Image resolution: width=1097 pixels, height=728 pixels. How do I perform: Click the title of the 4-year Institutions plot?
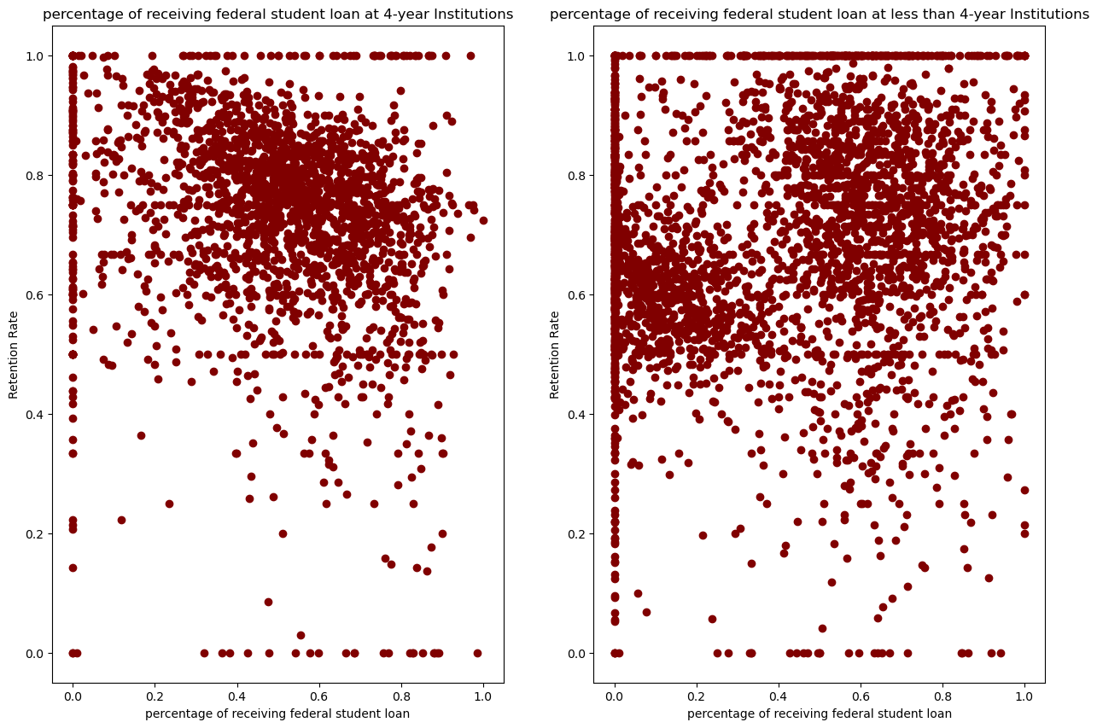[x=277, y=14]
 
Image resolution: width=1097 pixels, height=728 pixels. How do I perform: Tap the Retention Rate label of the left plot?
[x=14, y=354]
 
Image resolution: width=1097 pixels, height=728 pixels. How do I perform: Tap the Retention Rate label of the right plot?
[x=556, y=354]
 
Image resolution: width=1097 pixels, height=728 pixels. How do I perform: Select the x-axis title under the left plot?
[x=277, y=713]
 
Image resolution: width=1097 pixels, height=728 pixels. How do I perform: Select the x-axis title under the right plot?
[x=820, y=713]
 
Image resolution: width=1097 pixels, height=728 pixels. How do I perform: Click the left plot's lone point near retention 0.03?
[x=301, y=635]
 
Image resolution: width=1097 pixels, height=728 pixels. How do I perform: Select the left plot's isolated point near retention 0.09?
[x=268, y=602]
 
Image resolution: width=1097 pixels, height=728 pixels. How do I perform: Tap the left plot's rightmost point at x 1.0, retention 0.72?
[x=483, y=220]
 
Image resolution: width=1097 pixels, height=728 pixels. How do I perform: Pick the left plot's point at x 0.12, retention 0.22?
[x=121, y=520]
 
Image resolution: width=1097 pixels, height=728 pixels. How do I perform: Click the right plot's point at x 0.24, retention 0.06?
[x=712, y=619]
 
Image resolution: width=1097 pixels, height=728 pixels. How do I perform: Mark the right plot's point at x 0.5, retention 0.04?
[x=822, y=628]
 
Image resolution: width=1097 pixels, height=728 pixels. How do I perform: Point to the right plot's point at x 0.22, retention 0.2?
[x=703, y=535]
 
